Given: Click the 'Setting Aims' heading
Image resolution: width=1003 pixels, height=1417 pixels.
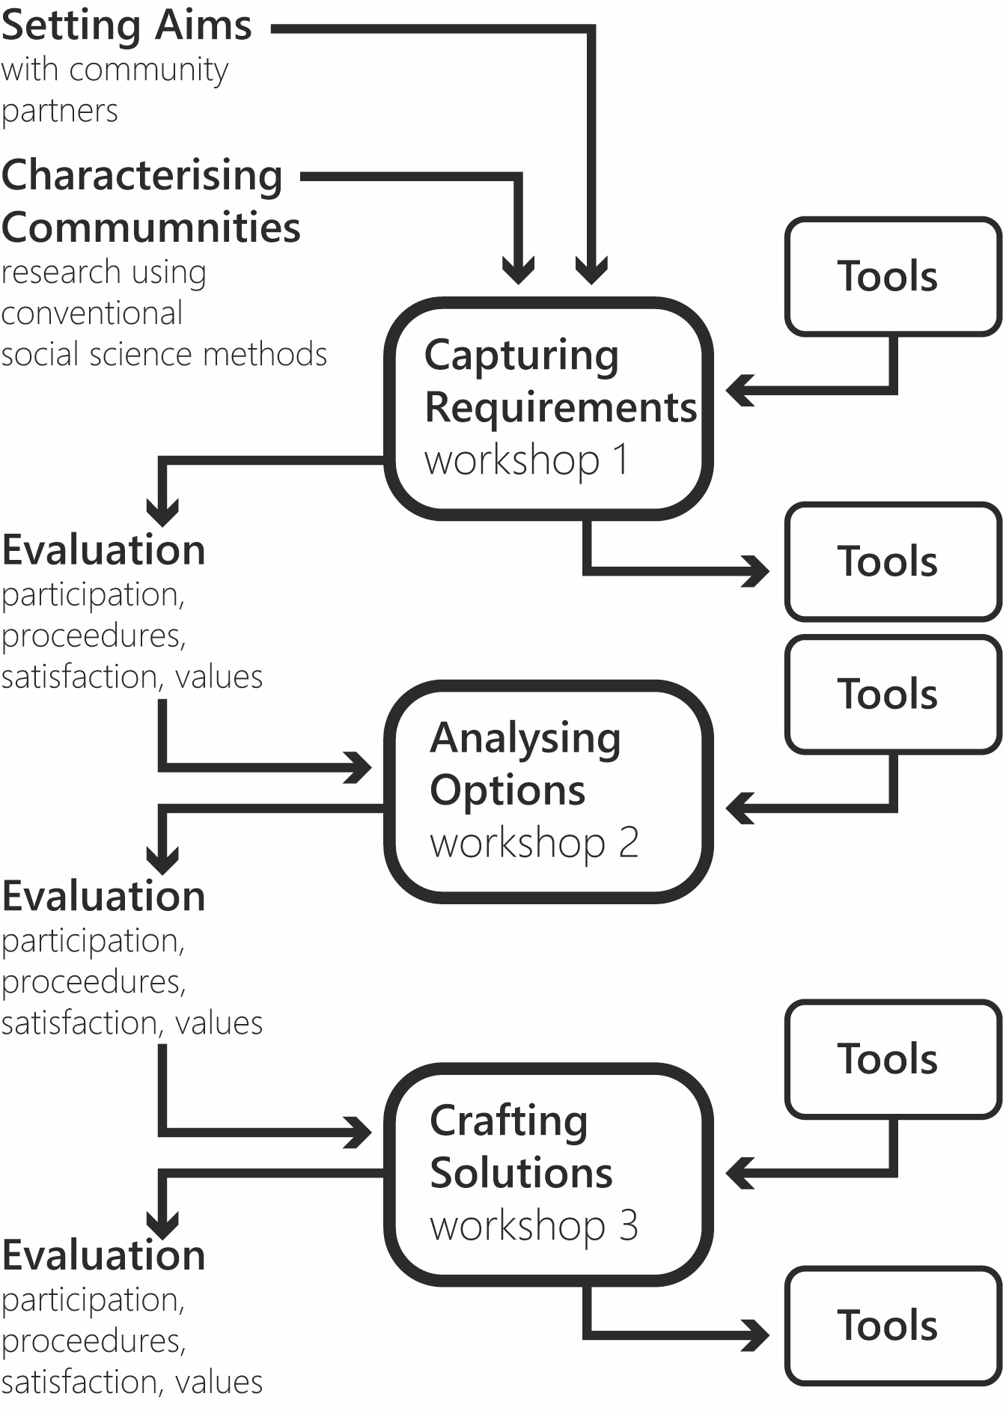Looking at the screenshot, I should (x=126, y=26).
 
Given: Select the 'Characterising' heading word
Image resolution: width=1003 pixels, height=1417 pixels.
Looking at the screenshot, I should (x=142, y=177).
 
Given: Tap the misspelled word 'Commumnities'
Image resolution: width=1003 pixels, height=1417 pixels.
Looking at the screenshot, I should (x=150, y=228).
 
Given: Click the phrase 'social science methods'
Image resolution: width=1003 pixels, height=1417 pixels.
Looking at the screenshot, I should (x=164, y=355).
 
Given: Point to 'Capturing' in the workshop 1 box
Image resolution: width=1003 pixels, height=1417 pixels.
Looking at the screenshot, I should (x=522, y=356).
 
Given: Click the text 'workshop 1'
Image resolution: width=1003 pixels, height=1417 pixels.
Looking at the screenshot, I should (x=526, y=460).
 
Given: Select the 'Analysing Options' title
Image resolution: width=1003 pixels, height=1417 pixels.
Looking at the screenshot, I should (x=525, y=764).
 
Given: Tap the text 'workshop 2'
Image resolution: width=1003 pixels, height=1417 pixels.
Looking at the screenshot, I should (x=534, y=843).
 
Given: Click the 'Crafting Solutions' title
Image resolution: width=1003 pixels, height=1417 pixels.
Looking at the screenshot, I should (x=520, y=1147).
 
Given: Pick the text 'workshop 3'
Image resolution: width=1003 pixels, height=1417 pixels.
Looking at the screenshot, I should (x=534, y=1226).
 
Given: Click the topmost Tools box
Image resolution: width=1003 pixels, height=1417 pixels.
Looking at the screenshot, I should (x=892, y=276).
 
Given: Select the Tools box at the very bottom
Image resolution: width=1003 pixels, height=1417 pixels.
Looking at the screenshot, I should (x=892, y=1326).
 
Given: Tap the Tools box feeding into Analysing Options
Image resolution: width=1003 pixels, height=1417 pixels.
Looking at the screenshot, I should (x=892, y=694).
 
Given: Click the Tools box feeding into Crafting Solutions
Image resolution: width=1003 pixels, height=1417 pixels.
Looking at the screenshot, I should (x=892, y=1058).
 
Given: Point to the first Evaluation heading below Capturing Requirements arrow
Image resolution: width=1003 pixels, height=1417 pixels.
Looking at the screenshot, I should (x=103, y=551).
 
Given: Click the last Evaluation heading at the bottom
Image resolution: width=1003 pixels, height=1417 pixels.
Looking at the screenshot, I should (x=103, y=1256).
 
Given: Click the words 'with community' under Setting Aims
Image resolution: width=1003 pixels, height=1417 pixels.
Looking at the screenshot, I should (x=115, y=70).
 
